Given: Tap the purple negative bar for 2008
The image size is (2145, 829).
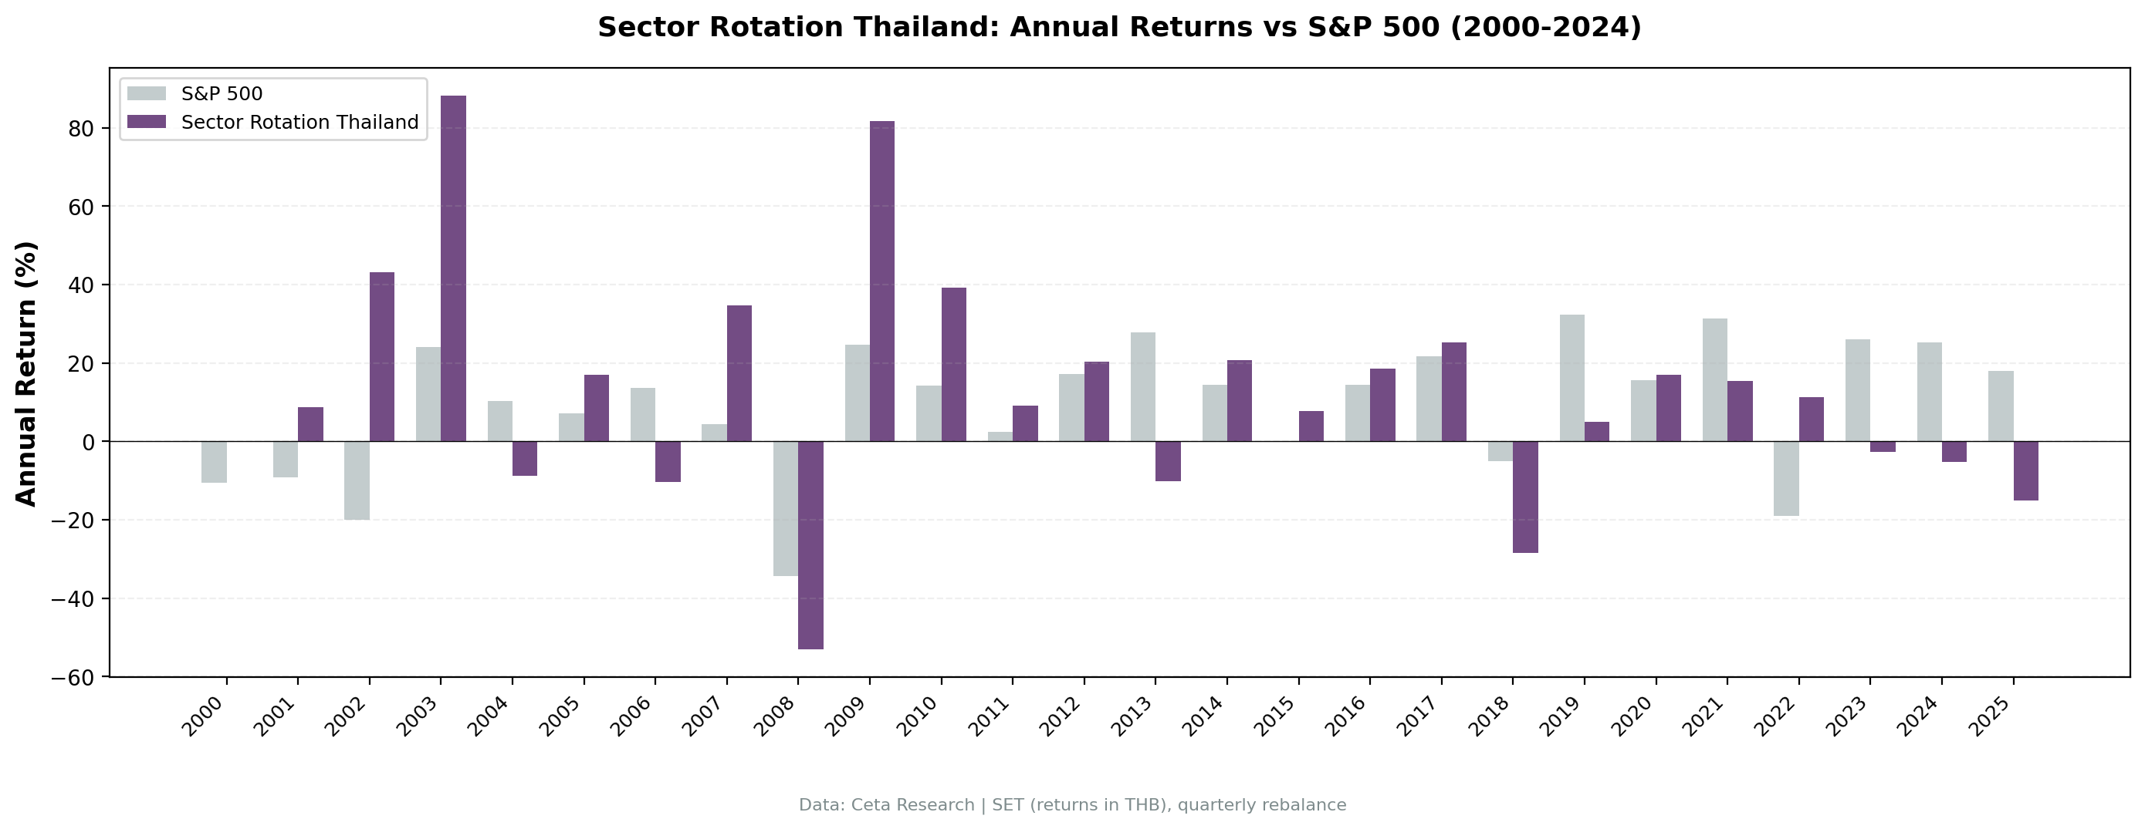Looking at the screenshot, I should [x=810, y=545].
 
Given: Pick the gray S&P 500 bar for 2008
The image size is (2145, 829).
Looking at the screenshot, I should [x=785, y=508].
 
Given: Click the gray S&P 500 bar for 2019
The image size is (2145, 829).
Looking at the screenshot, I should [x=1572, y=378].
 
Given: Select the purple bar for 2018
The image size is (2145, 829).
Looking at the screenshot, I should [x=1524, y=497].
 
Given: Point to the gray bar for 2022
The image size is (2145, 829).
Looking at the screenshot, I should [x=1786, y=479].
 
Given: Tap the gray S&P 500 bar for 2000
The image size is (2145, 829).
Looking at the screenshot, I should [x=214, y=462].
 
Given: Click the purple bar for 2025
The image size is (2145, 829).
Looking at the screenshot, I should [x=2025, y=470].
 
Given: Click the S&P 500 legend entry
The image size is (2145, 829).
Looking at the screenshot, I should [x=222, y=94].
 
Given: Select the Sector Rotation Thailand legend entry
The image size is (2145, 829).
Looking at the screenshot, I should [x=299, y=123].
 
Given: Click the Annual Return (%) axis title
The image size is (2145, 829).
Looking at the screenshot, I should [x=27, y=373].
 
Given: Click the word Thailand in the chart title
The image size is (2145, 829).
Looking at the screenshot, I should [x=921, y=28].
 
